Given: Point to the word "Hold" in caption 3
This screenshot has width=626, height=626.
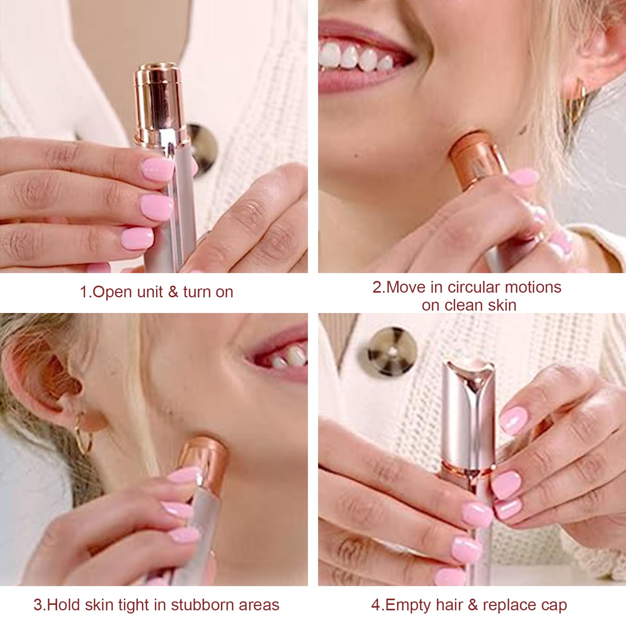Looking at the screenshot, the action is pyautogui.click(x=63, y=605).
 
